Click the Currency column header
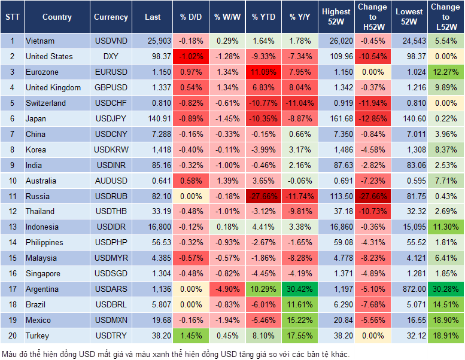point(111,17)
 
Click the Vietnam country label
point(40,41)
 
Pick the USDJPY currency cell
point(111,118)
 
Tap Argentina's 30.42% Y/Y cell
point(301,289)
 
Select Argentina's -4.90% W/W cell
point(226,289)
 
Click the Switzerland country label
point(45,103)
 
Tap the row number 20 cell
point(12,336)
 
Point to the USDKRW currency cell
point(111,150)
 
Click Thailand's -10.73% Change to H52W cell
point(372,212)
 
